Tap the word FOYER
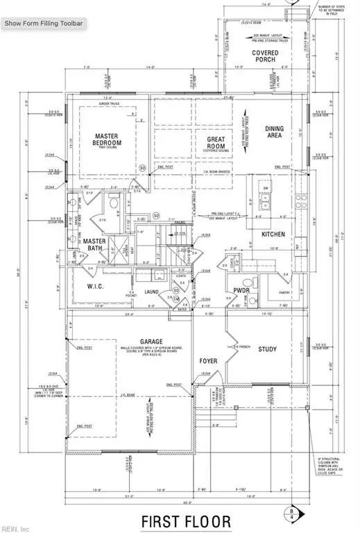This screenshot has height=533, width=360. coord(209,361)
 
